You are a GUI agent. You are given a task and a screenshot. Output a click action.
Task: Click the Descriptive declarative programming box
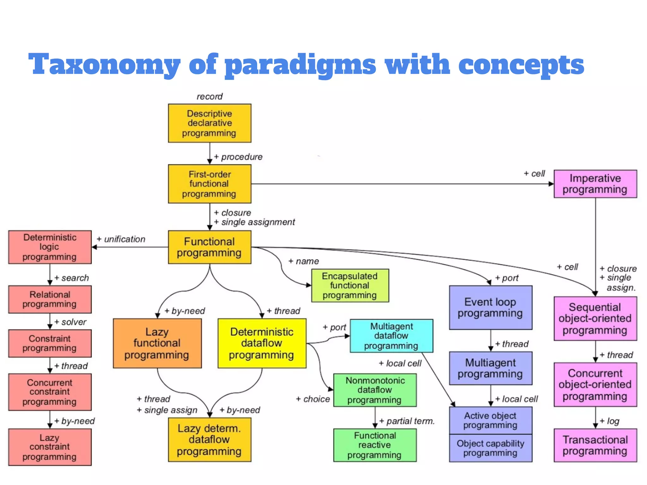[209, 123]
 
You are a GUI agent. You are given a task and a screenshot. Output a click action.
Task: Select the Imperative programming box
[595, 184]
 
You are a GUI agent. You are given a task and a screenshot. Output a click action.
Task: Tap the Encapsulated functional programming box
[350, 285]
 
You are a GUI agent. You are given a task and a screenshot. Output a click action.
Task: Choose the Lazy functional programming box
[157, 343]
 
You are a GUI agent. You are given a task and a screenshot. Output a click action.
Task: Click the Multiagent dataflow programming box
[391, 336]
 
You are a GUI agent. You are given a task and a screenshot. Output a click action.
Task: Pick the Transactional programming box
[595, 445]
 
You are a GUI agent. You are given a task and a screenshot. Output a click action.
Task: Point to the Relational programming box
[50, 299]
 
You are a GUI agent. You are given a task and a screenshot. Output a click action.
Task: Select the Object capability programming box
[490, 448]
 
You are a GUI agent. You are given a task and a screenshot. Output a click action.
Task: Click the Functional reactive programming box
[375, 445]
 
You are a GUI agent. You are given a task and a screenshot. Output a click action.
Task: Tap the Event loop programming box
[490, 308]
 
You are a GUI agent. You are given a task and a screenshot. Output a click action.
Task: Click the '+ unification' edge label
[121, 239]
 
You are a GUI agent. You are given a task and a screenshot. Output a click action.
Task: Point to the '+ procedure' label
[239, 157]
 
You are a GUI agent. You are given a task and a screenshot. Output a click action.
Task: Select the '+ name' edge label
[304, 261]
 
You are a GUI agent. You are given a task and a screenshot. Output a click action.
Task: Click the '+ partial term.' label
[407, 421]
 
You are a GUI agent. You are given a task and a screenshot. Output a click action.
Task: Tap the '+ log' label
[609, 421]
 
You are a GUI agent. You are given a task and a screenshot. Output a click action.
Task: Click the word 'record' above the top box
[209, 96]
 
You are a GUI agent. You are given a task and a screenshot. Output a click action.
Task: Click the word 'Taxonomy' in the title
[104, 65]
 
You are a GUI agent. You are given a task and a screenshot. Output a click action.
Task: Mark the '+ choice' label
[313, 399]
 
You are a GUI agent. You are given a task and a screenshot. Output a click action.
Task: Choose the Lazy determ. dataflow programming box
[209, 440]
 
